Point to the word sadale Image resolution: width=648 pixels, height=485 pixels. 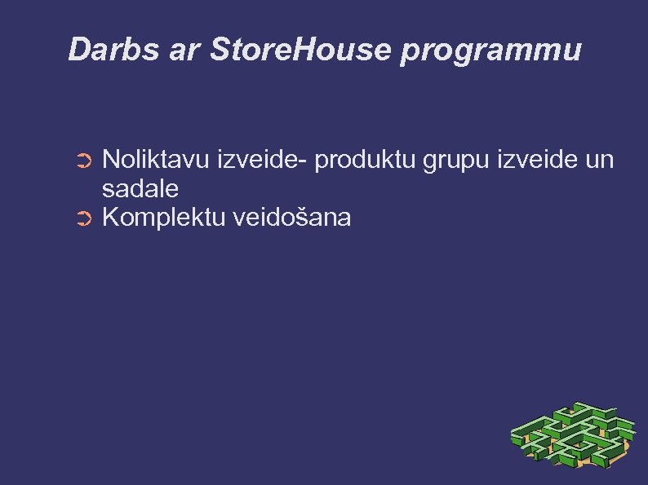coord(140,189)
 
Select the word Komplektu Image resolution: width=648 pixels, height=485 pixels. coord(164,218)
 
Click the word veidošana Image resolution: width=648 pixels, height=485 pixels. coord(292,218)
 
